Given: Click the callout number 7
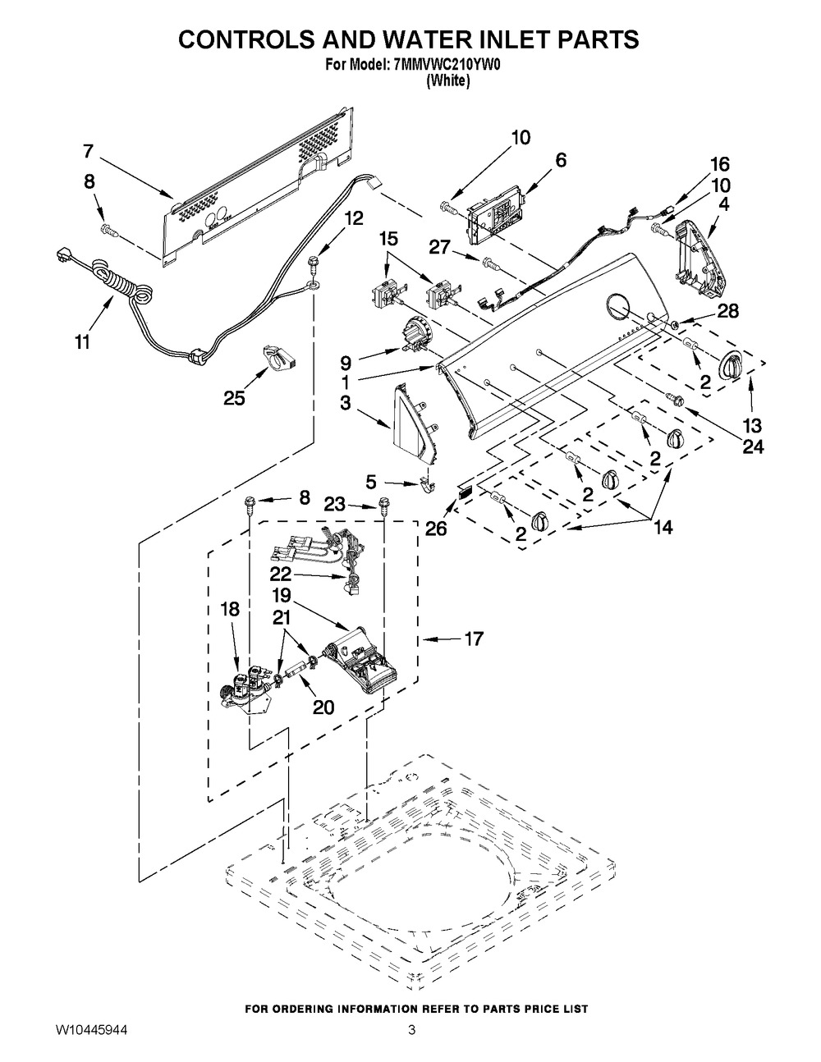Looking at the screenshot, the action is point(88,152).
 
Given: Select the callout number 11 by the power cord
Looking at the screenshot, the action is point(82,342).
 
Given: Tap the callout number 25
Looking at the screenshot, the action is point(234,398).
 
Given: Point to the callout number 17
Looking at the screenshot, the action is point(473,639).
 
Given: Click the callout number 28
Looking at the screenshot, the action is point(727,311).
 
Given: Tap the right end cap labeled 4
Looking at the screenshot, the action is point(702,263).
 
